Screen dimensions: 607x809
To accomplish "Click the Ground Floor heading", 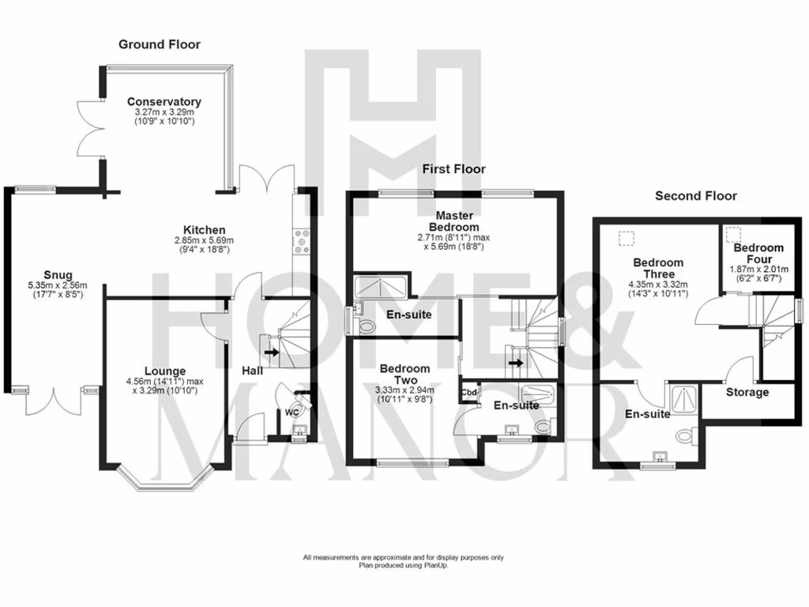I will point(160,44).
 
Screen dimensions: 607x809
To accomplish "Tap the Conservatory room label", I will point(164,102).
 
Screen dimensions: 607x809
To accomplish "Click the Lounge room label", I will point(165,371).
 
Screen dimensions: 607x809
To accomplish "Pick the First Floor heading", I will point(453,169).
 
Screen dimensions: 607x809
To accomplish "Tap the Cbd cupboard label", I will point(469,389).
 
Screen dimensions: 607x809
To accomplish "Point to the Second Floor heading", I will point(695,196).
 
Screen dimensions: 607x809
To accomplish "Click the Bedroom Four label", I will point(758,253).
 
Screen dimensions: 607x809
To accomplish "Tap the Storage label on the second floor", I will point(747,392).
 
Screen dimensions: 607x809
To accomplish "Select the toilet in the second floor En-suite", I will point(684,435).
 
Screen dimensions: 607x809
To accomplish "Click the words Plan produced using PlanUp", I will point(403,565).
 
